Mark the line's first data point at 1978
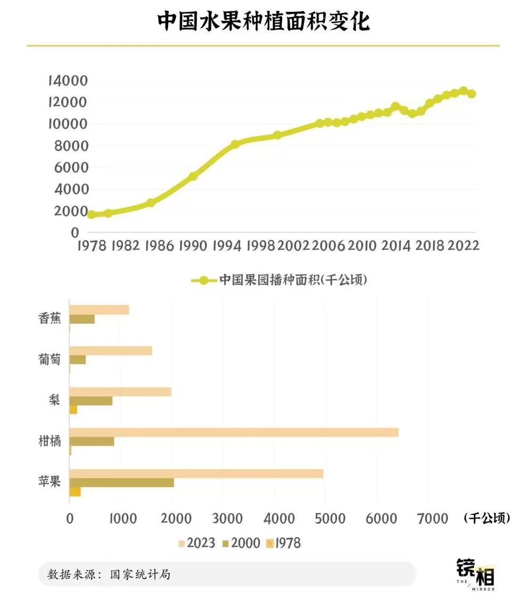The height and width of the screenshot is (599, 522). pos(91,214)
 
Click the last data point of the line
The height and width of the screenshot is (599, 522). pos(471,94)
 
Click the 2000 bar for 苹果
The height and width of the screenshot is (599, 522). pos(121,482)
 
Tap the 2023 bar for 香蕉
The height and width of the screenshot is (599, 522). pos(99,310)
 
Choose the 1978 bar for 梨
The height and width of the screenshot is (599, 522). pos(74,410)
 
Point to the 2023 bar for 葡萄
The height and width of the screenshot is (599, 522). pos(110,351)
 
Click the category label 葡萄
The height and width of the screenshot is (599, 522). pos(50,360)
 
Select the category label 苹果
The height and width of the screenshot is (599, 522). pos(50,482)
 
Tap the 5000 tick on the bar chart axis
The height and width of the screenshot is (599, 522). pos(325,518)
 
